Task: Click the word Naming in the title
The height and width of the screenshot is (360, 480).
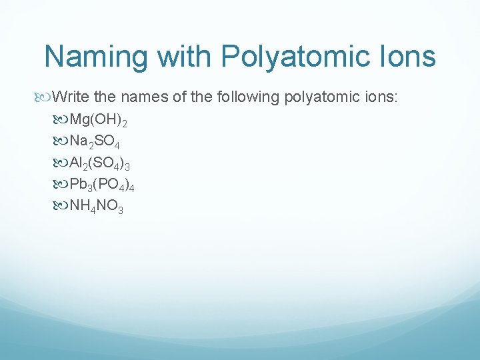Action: tap(95, 57)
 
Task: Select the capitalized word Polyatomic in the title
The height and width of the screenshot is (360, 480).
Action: tap(300, 57)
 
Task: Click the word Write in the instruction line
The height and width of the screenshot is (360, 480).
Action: tap(71, 97)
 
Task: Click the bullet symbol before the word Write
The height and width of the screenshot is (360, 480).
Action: tap(45, 97)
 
